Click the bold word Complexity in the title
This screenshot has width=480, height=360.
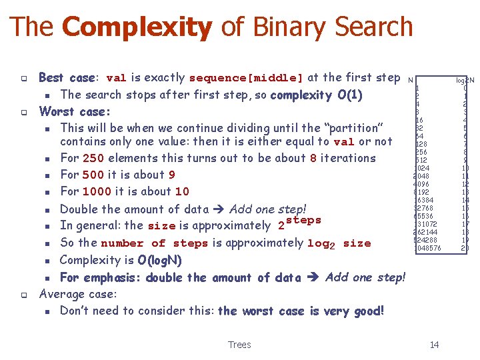click(136, 27)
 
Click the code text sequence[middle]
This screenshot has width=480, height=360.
click(246, 77)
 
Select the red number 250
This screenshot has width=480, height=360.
click(94, 158)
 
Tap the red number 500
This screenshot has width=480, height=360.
click(94, 175)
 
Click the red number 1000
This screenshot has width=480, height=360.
click(98, 191)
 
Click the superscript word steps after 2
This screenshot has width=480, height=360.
click(303, 220)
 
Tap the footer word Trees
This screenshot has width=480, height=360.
click(239, 345)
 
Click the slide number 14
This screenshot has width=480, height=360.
click(435, 345)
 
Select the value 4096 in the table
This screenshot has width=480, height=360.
click(421, 184)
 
